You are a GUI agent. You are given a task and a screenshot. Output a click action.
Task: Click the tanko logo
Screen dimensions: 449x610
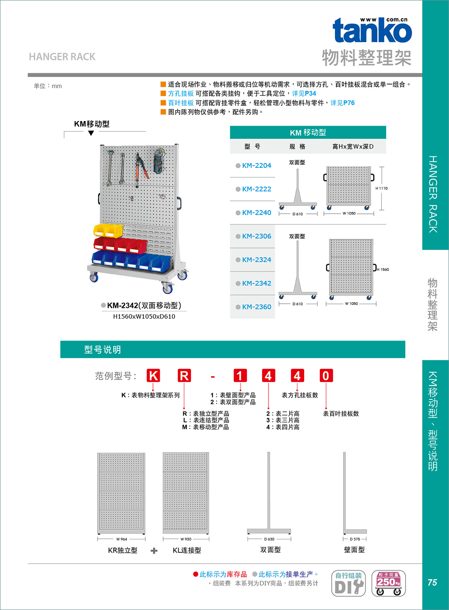[372, 30]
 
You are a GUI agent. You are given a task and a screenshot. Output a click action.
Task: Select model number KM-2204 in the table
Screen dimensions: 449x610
[257, 166]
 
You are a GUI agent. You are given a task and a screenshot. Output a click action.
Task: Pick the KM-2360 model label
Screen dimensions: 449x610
[257, 307]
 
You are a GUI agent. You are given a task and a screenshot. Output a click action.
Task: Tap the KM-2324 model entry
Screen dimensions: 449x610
[257, 260]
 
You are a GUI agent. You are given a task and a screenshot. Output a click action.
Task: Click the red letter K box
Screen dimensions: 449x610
[153, 376]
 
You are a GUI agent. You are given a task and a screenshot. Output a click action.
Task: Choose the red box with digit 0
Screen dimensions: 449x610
[326, 376]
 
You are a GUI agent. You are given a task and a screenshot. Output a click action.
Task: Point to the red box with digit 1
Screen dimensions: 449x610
[240, 376]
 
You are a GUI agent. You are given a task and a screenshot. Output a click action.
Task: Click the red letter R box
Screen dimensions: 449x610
[184, 376]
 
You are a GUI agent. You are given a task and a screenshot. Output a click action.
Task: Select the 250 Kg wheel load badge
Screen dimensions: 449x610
[389, 583]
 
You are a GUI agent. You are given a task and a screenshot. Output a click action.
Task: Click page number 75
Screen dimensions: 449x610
[432, 582]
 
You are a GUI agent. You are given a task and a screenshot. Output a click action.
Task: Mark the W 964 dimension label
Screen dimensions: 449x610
[121, 539]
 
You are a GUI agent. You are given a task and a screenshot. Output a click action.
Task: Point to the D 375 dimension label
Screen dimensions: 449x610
[355, 539]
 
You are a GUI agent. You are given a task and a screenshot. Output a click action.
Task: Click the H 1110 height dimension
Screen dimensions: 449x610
[382, 188]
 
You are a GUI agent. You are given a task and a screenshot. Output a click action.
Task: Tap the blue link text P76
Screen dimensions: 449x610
[349, 103]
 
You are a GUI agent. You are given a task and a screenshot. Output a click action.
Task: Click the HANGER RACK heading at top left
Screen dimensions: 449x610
[62, 57]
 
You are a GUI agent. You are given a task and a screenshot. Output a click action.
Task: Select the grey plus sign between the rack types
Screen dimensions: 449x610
[154, 551]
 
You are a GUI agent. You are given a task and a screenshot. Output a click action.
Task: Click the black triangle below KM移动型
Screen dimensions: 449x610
[91, 133]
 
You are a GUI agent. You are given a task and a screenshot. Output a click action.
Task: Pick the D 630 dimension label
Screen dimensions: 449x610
[269, 539]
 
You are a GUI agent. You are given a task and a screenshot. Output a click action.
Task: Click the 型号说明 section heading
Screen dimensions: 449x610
[103, 349]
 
